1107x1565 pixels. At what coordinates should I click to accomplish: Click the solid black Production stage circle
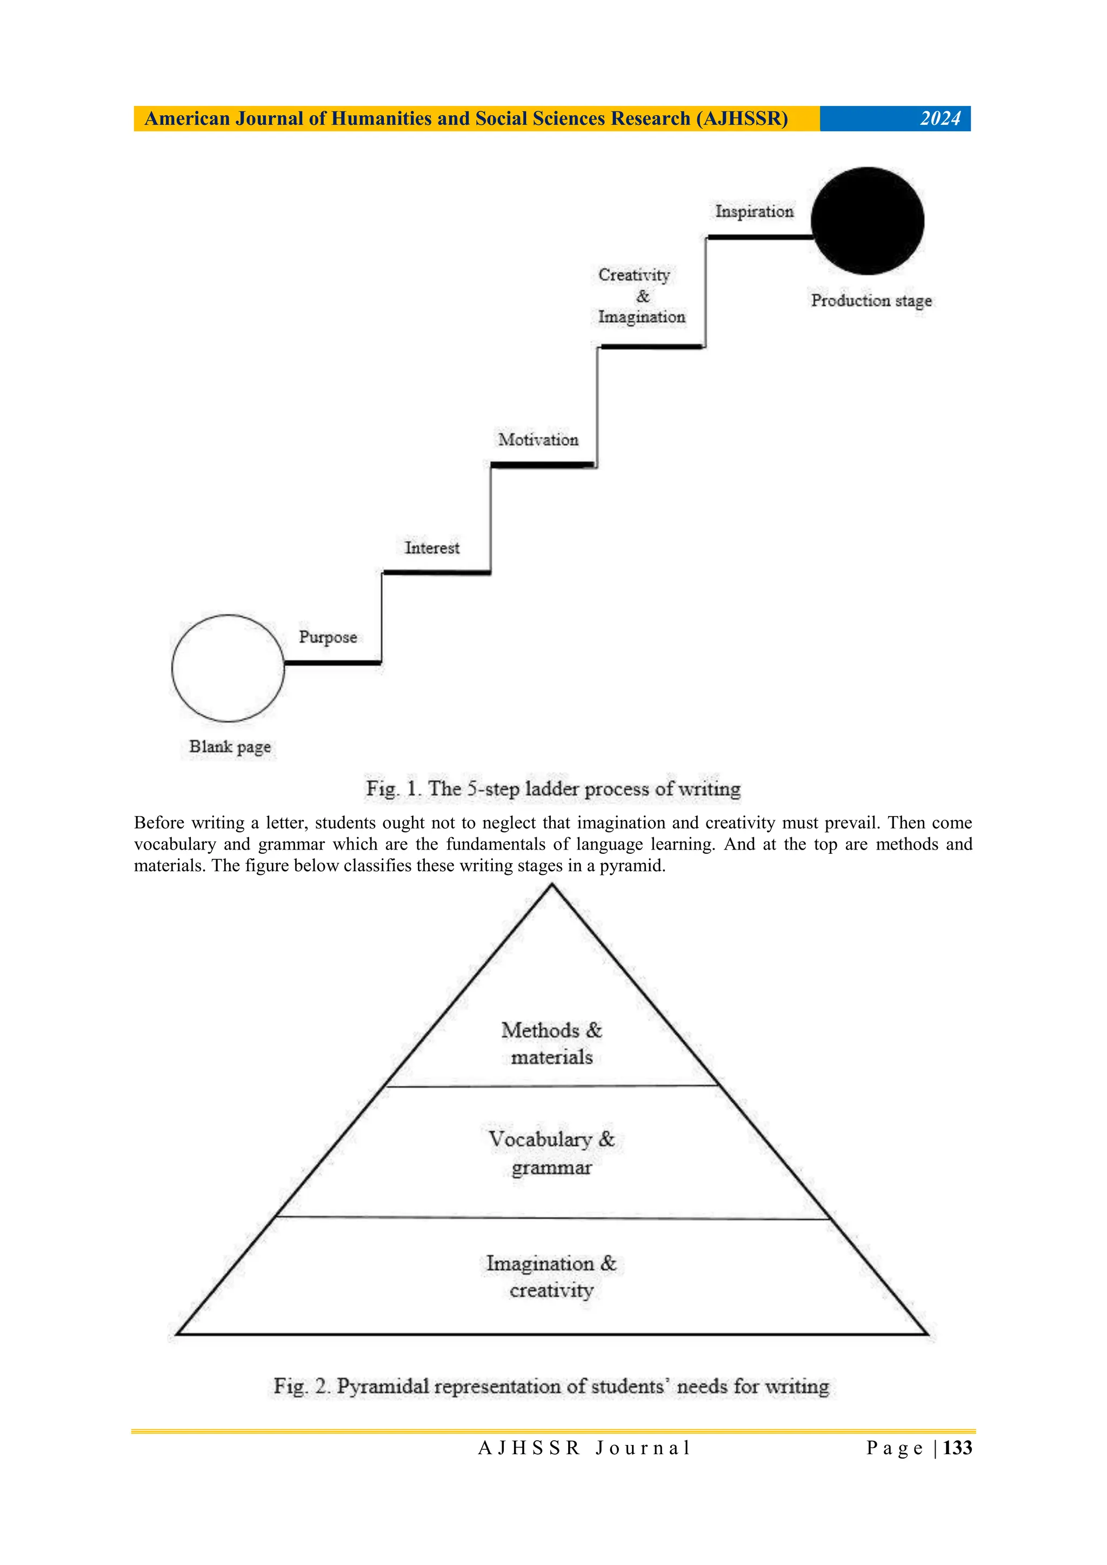tap(867, 221)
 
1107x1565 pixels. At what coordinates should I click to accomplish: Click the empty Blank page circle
tap(228, 668)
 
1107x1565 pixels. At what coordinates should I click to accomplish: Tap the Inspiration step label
tap(754, 211)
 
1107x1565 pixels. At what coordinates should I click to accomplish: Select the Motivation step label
tap(538, 440)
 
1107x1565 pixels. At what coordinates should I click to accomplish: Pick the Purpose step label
tap(328, 637)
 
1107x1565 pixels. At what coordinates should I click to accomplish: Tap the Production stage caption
tap(871, 300)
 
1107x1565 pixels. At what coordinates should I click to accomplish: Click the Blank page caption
tap(230, 746)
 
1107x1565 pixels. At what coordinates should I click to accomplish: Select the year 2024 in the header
tap(940, 118)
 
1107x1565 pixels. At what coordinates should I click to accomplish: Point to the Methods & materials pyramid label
tap(551, 1043)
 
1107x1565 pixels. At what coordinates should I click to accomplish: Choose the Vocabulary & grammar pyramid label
tap(551, 1153)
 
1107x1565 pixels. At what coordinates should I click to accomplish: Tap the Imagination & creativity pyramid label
tap(551, 1276)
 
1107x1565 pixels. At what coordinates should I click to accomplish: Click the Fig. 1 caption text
tap(553, 788)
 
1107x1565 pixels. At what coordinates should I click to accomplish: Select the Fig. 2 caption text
tap(551, 1386)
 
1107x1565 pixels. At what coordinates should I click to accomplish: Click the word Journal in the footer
tap(643, 1448)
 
